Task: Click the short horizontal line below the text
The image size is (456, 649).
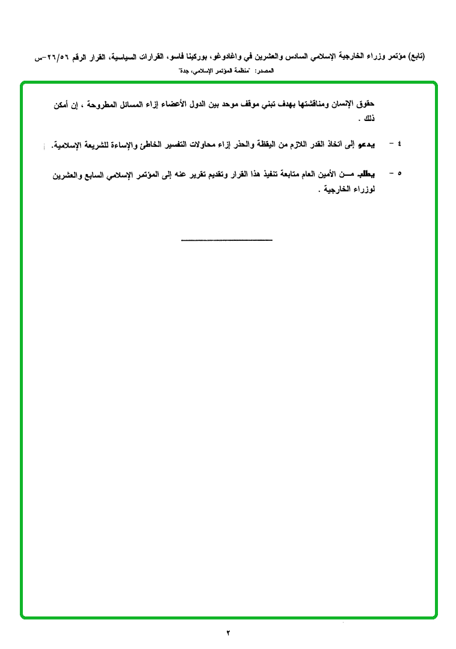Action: pos(227,240)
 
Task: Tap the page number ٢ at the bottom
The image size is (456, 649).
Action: pos(229,633)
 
